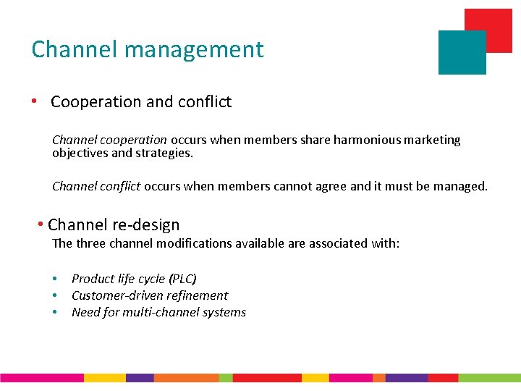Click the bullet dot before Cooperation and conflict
pyautogui.click(x=35, y=101)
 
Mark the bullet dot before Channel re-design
pyautogui.click(x=42, y=224)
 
